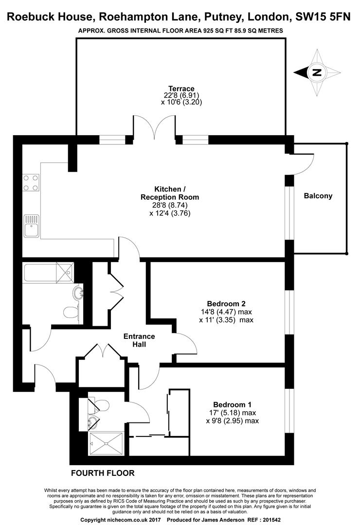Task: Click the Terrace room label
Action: click(x=181, y=89)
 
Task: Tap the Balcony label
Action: click(x=318, y=196)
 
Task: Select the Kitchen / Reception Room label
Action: click(x=170, y=193)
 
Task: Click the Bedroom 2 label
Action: click(x=226, y=304)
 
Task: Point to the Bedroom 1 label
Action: click(x=232, y=404)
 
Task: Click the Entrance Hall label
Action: click(x=139, y=340)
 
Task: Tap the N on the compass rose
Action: click(x=317, y=72)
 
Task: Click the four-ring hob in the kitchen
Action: click(x=31, y=183)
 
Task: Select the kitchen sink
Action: click(x=32, y=226)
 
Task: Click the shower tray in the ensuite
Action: click(x=106, y=444)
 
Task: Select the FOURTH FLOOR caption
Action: click(x=103, y=473)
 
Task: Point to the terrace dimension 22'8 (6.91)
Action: click(x=181, y=95)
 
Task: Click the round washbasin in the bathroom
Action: click(x=78, y=292)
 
